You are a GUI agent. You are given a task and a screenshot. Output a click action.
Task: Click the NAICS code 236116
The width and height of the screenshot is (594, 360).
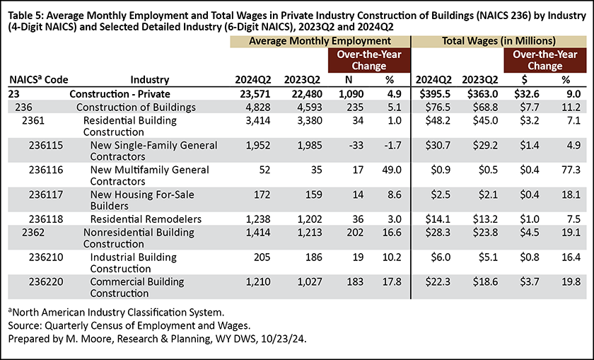tap(46, 170)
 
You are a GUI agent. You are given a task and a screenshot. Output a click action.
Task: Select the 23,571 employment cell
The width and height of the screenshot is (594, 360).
tap(252, 94)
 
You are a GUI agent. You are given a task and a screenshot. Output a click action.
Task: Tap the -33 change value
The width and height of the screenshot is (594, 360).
tap(356, 145)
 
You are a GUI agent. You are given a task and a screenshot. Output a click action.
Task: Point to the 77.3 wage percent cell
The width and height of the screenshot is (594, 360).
tap(571, 170)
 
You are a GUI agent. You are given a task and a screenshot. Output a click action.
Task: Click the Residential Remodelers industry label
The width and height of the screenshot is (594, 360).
tap(146, 219)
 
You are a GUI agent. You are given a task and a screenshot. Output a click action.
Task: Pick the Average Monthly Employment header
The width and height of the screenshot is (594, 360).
tap(320, 41)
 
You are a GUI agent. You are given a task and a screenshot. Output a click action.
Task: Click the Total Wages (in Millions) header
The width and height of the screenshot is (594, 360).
tap(499, 41)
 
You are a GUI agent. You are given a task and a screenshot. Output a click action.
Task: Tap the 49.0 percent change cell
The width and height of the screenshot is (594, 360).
tap(392, 170)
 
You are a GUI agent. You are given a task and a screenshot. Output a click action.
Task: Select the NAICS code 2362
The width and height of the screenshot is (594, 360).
tap(33, 232)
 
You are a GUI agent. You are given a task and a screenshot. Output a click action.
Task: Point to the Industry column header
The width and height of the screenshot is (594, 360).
tap(150, 80)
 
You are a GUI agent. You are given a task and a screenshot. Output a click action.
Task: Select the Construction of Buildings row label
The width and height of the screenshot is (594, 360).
tap(136, 108)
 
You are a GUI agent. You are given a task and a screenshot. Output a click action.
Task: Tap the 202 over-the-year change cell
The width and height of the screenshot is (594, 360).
tap(355, 232)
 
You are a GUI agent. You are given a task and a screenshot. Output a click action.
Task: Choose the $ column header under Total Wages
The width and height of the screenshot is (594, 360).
tap(524, 80)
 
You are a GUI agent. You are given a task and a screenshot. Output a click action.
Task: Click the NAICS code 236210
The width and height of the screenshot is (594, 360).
tap(46, 257)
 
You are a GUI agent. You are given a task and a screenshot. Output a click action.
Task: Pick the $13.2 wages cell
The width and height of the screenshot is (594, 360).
tap(485, 219)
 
